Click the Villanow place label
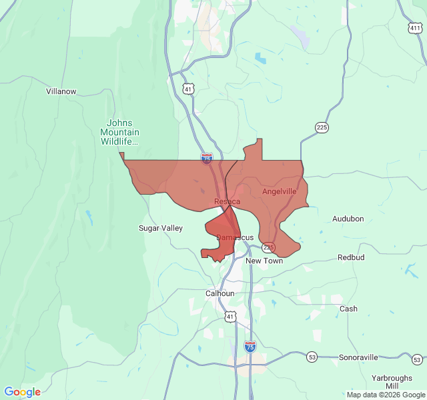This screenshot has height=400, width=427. coord(61,91)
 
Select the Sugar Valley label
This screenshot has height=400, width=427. coord(160,228)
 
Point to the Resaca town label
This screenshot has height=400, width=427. coord(227,201)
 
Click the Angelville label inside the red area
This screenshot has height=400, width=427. coord(279,191)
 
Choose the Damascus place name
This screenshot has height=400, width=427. coord(235,237)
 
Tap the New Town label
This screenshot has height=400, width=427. coord(264,261)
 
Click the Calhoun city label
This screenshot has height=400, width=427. coord(220,293)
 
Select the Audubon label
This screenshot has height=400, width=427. coord(348,219)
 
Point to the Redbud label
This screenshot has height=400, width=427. coord(352,257)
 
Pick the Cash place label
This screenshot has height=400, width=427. coord(348,309)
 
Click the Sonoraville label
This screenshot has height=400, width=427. coord(359,357)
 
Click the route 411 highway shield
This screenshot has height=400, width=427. coord(416,28)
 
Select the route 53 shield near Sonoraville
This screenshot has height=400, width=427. coord(312,357)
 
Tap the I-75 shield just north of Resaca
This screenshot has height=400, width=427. coord(207,159)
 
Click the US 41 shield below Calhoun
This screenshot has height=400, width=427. coord(229,317)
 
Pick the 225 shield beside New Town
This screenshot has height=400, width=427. coord(268,247)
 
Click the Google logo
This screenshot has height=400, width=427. coord(23,392)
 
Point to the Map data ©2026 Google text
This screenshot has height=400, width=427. coord(385,395)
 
